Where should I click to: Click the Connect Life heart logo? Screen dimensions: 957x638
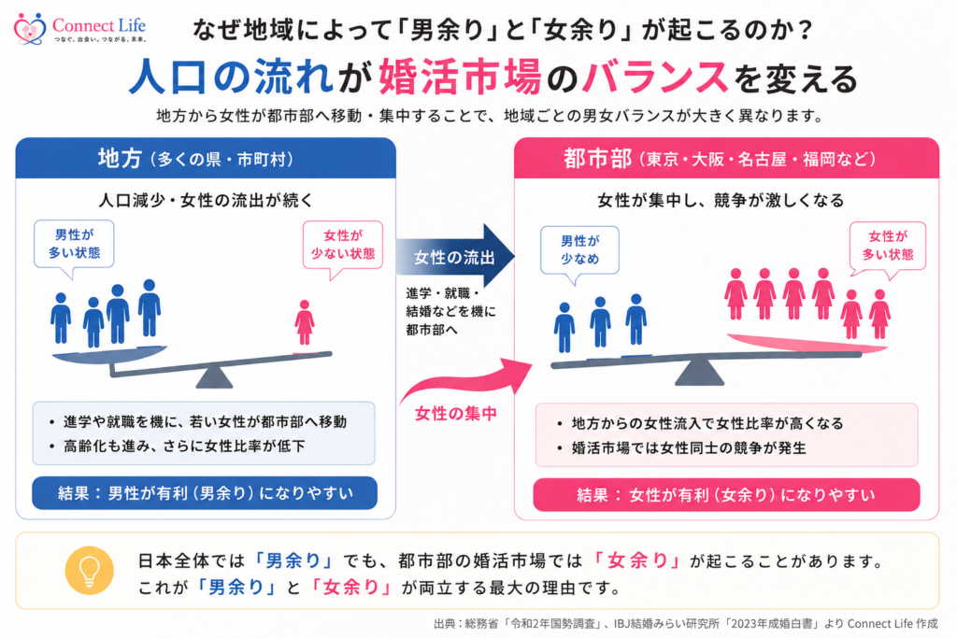[x=29, y=29]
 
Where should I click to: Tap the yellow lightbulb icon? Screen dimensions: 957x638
[x=89, y=571]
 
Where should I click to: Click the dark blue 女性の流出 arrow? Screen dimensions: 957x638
[x=455, y=256]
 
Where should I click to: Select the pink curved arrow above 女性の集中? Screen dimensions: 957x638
[x=466, y=380]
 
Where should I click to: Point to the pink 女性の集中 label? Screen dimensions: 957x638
[x=455, y=414]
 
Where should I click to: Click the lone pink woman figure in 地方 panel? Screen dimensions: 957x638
[x=305, y=322]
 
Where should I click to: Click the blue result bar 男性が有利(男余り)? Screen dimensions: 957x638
[x=205, y=493]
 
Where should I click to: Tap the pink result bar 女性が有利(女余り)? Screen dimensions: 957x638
[x=726, y=495]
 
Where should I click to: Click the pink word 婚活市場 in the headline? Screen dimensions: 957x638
[x=460, y=77]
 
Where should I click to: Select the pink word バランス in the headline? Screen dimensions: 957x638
[x=655, y=78]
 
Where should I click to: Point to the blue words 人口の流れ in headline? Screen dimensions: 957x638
[x=231, y=77]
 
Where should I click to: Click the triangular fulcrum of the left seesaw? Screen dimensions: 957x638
[x=214, y=377]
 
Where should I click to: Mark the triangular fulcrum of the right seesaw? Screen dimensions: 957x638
[x=699, y=372]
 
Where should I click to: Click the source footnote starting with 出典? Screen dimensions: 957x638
[x=685, y=623]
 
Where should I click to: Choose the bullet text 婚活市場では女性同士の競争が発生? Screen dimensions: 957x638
[x=689, y=447]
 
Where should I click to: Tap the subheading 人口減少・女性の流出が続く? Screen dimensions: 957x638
[x=206, y=200]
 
